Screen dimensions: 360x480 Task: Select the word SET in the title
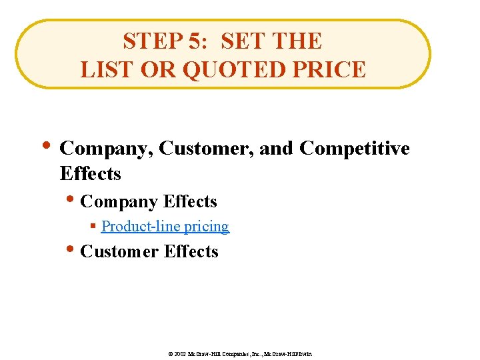pyautogui.click(x=241, y=41)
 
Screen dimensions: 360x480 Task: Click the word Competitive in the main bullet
pyautogui.click(x=355, y=149)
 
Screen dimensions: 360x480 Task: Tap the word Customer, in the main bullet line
pyautogui.click(x=207, y=149)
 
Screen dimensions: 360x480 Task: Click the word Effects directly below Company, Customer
pyautogui.click(x=90, y=174)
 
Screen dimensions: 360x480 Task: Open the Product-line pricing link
pyautogui.click(x=165, y=227)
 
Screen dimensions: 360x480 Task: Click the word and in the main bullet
pyautogui.click(x=275, y=149)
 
